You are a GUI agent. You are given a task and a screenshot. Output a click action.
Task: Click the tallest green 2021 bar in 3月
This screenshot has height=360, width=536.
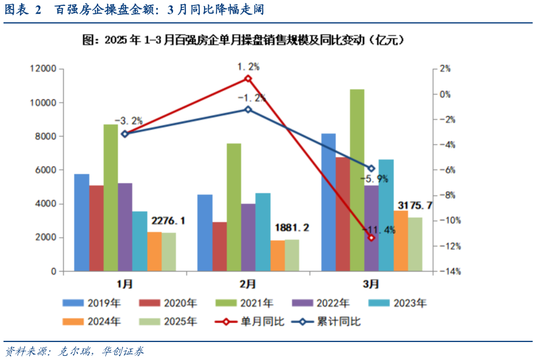(357, 179)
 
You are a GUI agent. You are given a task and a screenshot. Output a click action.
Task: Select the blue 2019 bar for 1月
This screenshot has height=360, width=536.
(81, 222)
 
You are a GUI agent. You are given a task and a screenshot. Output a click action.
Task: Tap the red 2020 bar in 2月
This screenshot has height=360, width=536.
(220, 246)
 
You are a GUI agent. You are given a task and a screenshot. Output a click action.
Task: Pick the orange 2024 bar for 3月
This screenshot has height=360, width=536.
(400, 240)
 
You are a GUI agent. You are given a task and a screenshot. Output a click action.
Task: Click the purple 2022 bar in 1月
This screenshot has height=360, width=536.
(124, 227)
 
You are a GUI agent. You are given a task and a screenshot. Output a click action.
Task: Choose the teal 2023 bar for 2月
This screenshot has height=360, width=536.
(263, 232)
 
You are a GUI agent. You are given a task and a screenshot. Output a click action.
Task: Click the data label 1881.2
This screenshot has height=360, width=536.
(292, 228)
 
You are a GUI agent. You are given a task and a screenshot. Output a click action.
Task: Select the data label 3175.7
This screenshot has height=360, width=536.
(413, 206)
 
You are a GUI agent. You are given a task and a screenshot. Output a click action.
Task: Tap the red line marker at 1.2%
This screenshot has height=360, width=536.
(248, 78)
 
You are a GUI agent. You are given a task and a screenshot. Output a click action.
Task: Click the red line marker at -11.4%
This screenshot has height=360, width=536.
(371, 238)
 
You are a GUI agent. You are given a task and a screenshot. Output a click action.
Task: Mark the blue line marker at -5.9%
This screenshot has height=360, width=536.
(371, 169)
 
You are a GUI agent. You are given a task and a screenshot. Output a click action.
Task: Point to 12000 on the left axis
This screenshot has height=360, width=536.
(43, 69)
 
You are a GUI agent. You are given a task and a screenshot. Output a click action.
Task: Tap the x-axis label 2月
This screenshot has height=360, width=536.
(248, 283)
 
